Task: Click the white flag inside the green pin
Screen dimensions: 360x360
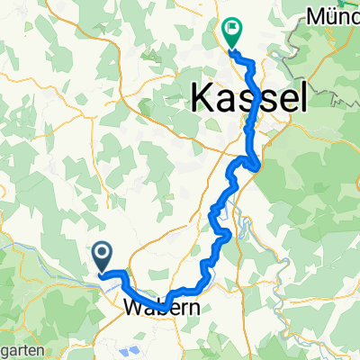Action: pos(231,29)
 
